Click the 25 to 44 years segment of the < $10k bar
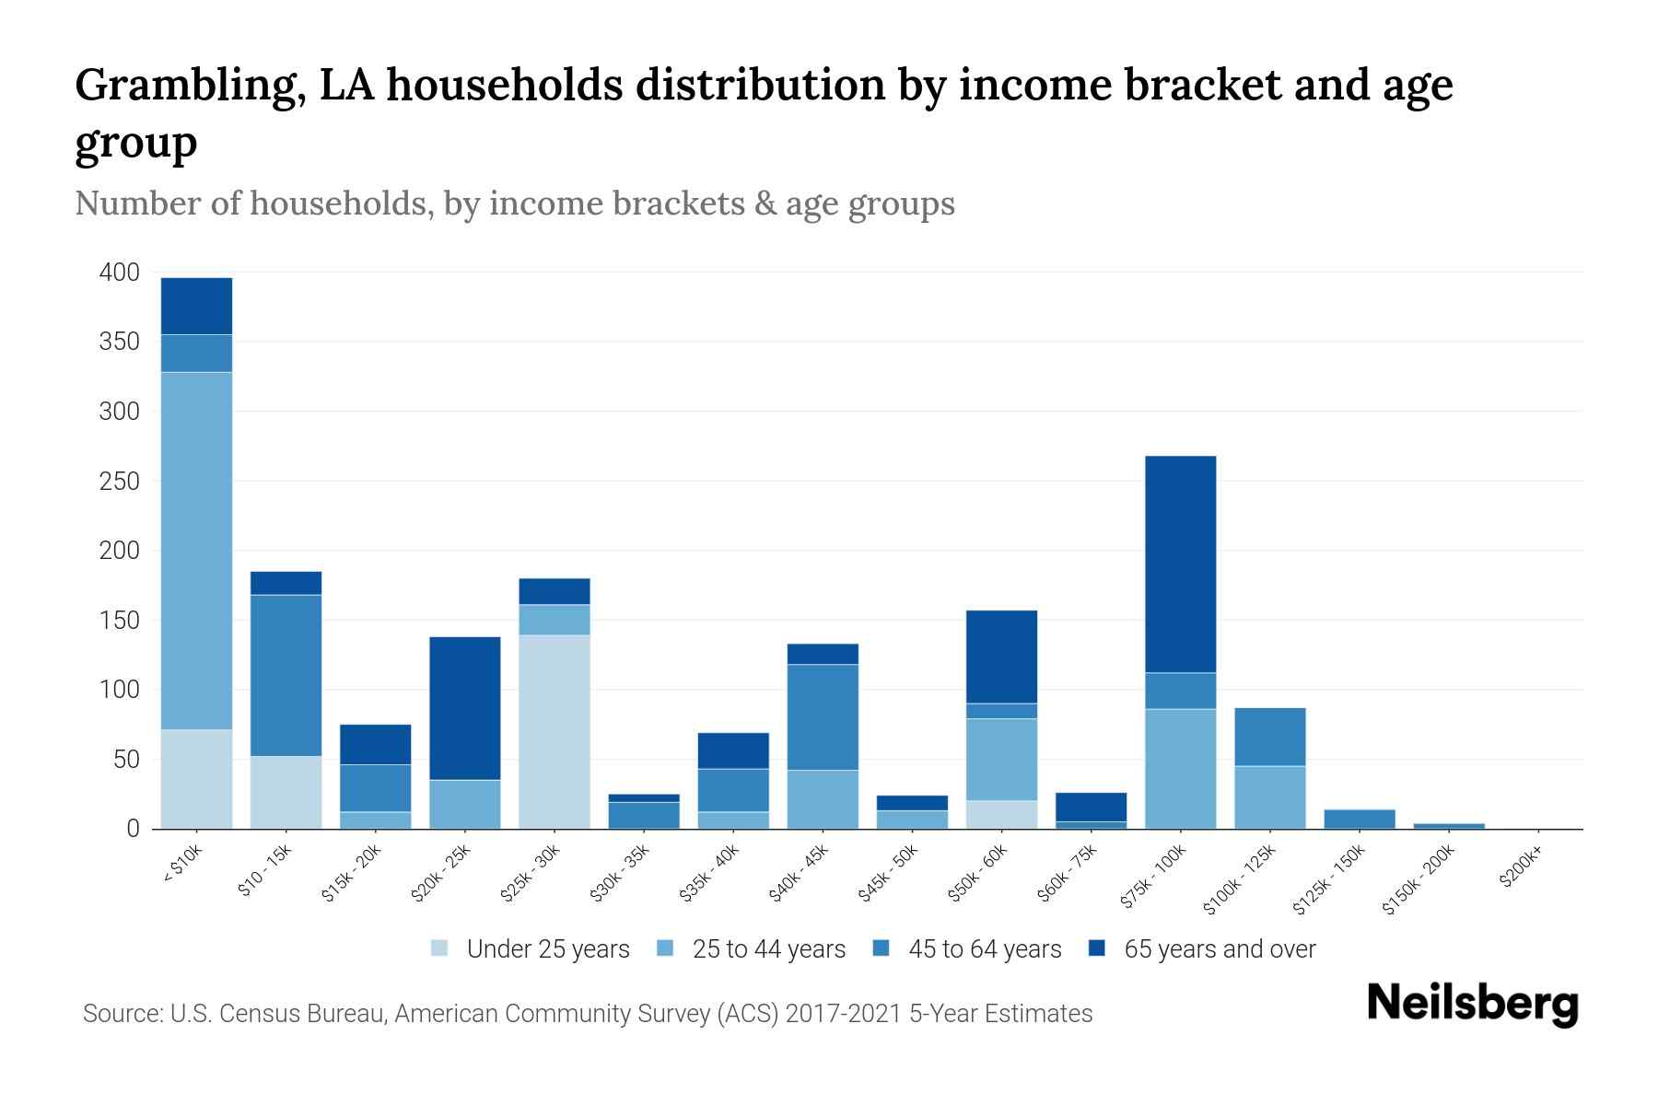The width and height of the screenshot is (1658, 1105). [196, 551]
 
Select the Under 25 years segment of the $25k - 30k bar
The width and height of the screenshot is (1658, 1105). [554, 732]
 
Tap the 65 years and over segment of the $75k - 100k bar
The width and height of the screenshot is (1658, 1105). [1180, 564]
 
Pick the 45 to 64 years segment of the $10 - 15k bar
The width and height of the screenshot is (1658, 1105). [286, 675]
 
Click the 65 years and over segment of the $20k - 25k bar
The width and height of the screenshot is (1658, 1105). [464, 708]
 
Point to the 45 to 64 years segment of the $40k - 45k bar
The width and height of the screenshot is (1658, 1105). [823, 716]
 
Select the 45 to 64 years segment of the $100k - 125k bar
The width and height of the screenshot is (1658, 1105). [1269, 737]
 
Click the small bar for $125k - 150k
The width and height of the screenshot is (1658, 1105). [1359, 819]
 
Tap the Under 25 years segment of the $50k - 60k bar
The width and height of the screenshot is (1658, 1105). [1001, 815]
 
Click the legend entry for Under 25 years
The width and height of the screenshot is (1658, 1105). [530, 949]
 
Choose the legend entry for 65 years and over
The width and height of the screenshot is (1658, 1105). [1202, 949]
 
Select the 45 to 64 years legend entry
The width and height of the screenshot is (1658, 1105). [967, 949]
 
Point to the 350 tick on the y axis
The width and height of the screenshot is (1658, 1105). [119, 343]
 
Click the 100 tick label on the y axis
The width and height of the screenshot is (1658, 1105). [119, 690]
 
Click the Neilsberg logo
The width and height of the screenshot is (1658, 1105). [1472, 1004]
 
